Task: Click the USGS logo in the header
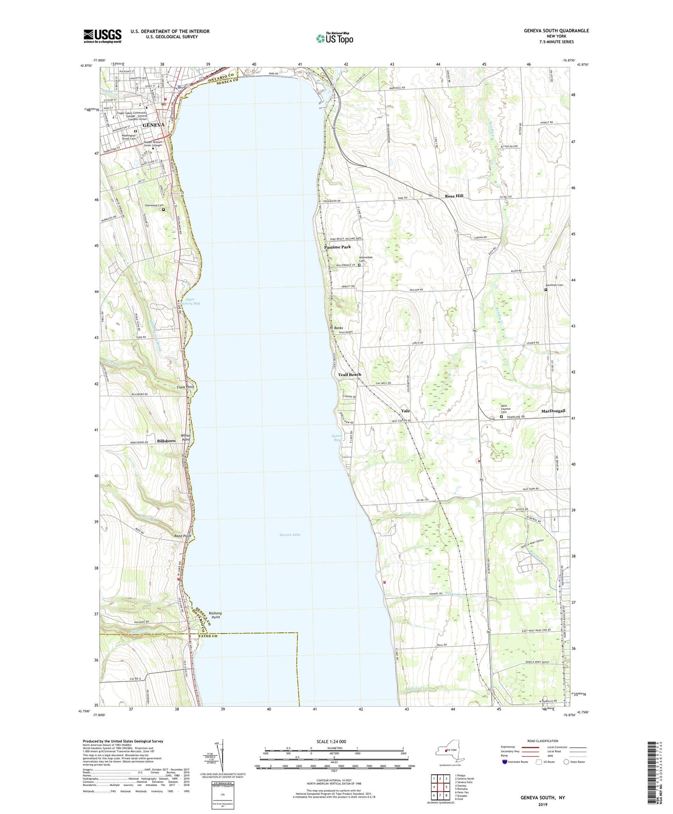102,36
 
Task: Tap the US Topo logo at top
334,38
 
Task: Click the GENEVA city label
153,125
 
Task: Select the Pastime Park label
338,247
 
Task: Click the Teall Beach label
349,375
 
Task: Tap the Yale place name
405,411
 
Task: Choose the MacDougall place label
553,411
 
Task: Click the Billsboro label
166,441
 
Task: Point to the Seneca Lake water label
290,535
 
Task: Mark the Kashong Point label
215,615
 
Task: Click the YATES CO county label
208,636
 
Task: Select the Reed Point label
183,536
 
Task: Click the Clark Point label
185,387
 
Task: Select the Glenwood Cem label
154,205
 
